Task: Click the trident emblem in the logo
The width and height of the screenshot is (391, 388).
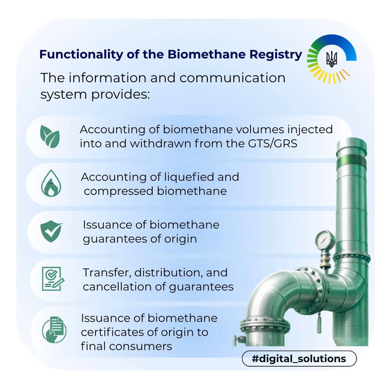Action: (332, 59)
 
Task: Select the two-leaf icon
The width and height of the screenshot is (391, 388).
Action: (50, 136)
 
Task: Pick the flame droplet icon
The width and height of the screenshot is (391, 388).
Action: (51, 183)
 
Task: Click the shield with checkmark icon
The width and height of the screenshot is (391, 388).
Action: (51, 231)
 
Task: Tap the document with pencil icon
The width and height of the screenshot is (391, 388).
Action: (53, 279)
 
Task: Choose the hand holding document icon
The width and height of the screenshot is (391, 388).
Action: (54, 330)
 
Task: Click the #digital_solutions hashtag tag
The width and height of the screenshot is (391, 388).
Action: (299, 359)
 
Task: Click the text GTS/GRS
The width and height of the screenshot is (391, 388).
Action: (273, 143)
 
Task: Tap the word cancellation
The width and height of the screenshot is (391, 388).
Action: (117, 286)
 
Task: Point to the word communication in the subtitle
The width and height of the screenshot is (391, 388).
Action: (232, 78)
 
